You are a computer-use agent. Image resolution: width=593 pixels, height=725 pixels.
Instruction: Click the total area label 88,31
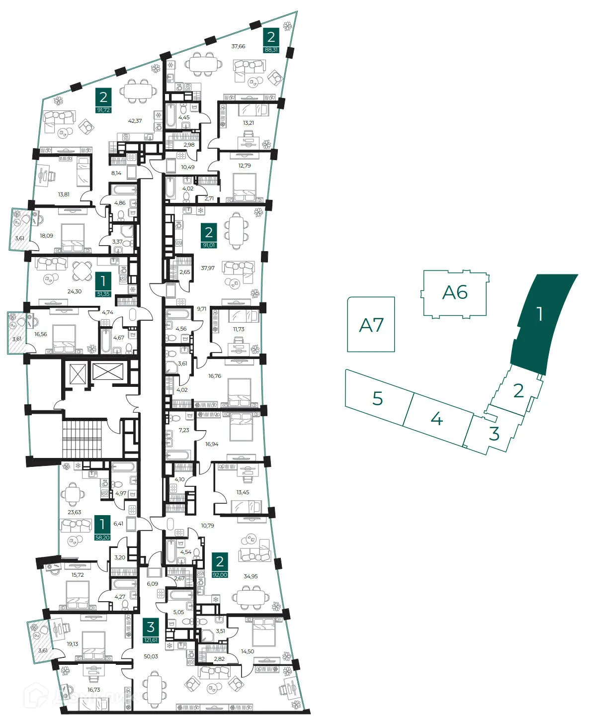pyautogui.click(x=271, y=50)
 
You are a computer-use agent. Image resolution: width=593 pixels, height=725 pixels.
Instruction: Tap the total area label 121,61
pyautogui.click(x=151, y=640)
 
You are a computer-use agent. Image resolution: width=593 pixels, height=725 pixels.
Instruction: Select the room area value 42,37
pyautogui.click(x=135, y=121)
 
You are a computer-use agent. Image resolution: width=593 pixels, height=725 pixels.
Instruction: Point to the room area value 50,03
pyautogui.click(x=151, y=656)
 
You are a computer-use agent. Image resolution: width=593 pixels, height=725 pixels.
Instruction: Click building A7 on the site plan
pyautogui.click(x=371, y=325)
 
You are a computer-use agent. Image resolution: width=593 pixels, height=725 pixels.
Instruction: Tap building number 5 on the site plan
pyautogui.click(x=378, y=398)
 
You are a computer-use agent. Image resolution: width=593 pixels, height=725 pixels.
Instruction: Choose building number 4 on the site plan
pyautogui.click(x=436, y=419)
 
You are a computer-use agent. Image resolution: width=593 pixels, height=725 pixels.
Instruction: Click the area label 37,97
pyautogui.click(x=208, y=268)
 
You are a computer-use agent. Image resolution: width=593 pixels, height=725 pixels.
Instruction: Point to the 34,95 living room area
pyautogui.click(x=251, y=576)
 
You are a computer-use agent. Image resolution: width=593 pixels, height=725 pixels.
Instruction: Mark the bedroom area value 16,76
pyautogui.click(x=215, y=376)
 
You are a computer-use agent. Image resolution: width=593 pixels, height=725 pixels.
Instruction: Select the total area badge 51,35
pyautogui.click(x=103, y=294)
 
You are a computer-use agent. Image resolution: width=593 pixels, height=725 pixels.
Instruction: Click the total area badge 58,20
pyautogui.click(x=102, y=538)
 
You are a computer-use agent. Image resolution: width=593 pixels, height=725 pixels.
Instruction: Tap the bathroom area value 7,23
pyautogui.click(x=184, y=430)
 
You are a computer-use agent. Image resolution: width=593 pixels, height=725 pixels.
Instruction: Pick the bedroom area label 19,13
pyautogui.click(x=73, y=643)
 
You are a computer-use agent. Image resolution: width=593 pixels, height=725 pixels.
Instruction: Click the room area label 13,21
pyautogui.click(x=248, y=123)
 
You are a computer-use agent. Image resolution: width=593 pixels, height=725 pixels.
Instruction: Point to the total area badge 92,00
pyautogui.click(x=219, y=574)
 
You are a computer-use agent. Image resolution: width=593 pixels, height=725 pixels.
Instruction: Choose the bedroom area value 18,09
pyautogui.click(x=46, y=236)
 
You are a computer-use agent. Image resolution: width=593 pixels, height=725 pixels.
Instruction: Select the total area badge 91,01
pyautogui.click(x=209, y=245)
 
